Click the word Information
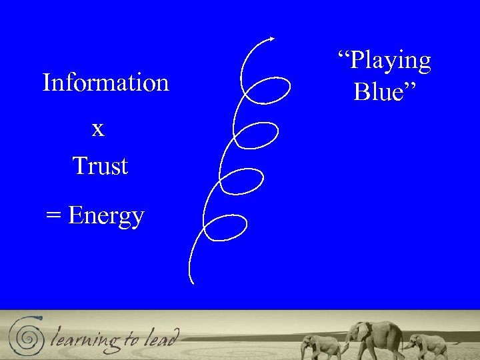click(105, 83)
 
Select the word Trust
click(100, 165)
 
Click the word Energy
click(106, 216)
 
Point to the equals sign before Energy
click(53, 216)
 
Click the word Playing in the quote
click(391, 61)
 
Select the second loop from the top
click(257, 135)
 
